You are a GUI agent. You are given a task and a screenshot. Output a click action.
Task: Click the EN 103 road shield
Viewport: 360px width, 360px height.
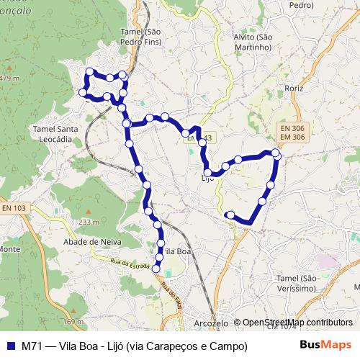click(x=13, y=208)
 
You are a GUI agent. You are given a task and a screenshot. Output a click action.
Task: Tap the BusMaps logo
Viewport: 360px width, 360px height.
click(x=327, y=345)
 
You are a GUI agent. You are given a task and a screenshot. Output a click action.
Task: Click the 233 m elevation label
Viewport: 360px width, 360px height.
click(x=89, y=222)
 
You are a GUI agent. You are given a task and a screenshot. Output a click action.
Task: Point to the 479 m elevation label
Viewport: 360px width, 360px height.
click(x=9, y=78)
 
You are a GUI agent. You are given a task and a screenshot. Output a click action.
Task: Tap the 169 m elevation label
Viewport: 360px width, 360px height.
click(x=73, y=321)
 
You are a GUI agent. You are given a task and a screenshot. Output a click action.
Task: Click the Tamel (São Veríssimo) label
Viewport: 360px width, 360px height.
click(x=296, y=282)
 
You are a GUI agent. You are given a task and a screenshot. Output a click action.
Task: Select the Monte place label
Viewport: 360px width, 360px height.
click(x=9, y=249)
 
